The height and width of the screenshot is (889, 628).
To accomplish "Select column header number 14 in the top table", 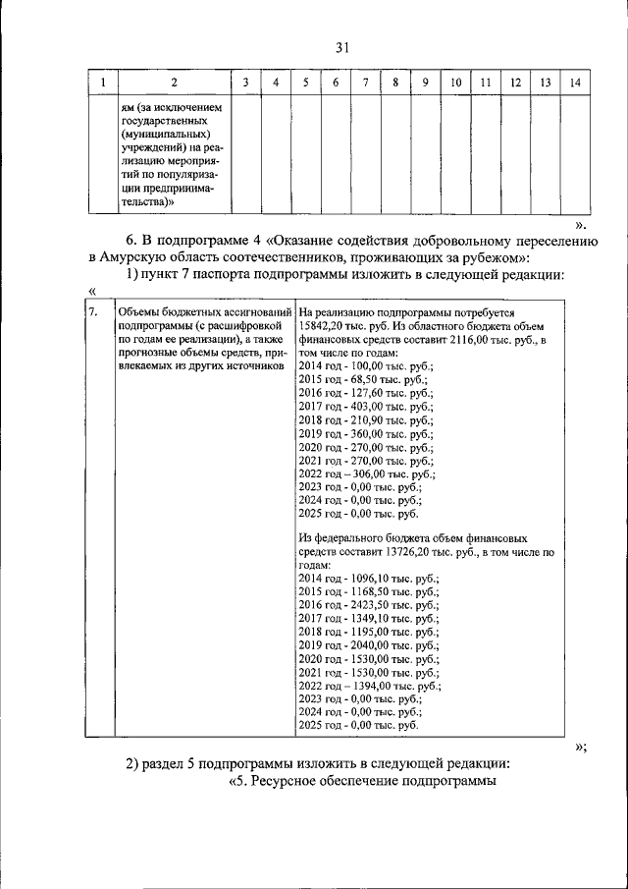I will click(575, 82).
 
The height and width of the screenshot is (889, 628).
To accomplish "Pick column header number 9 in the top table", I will click(424, 82).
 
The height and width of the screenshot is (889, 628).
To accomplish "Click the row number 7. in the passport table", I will click(92, 313).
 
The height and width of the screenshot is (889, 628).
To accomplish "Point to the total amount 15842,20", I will click(326, 326).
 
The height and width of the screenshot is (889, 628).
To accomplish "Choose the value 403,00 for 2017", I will click(367, 405).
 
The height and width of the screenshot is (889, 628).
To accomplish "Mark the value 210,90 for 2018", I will click(367, 418).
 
